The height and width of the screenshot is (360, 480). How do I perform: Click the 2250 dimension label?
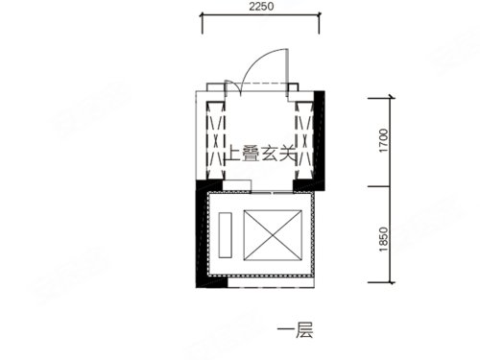[x=261, y=7]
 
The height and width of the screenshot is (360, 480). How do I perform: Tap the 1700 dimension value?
[x=383, y=140]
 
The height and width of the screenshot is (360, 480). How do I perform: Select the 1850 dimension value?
[x=383, y=239]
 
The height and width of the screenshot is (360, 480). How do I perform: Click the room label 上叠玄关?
[x=261, y=154]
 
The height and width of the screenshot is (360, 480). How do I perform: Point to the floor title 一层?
[x=295, y=330]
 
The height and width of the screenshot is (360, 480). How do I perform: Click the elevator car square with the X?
[x=273, y=235]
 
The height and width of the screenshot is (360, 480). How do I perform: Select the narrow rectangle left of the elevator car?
[x=226, y=234]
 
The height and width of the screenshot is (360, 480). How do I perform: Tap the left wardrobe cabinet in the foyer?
[x=215, y=140]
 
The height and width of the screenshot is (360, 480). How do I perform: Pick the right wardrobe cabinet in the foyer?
[x=303, y=140]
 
